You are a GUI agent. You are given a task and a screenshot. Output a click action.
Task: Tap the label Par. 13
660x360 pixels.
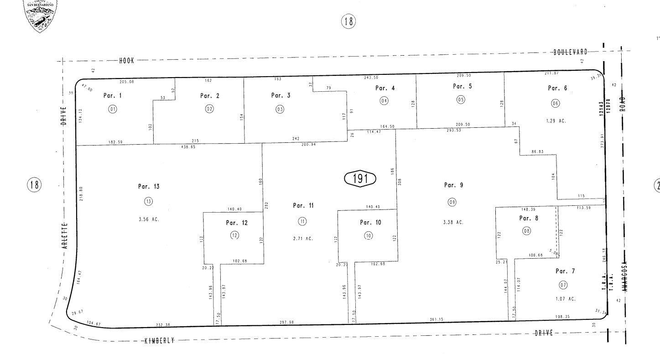(x=149, y=187)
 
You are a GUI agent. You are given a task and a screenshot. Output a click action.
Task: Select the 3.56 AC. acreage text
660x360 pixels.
(x=149, y=219)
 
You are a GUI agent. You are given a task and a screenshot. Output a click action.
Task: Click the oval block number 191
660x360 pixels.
(x=359, y=178)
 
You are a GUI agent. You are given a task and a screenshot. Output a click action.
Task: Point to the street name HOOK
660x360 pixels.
(x=126, y=60)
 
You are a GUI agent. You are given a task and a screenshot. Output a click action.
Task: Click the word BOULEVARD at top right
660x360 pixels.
(x=571, y=52)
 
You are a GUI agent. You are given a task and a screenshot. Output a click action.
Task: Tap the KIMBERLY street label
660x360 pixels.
(x=160, y=341)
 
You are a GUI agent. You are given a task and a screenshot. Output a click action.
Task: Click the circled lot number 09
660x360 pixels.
(x=452, y=202)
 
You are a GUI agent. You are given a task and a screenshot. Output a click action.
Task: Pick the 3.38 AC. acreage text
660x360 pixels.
(x=453, y=222)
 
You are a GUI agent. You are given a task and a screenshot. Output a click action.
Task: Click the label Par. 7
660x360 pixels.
(x=565, y=271)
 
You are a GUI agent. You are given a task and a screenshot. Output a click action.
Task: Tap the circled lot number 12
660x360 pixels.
(x=235, y=235)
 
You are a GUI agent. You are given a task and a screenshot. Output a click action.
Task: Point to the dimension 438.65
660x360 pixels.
(x=188, y=147)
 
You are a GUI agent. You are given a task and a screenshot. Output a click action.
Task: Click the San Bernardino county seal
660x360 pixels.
(x=41, y=16)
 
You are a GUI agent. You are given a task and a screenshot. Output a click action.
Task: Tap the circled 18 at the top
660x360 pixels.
(x=348, y=21)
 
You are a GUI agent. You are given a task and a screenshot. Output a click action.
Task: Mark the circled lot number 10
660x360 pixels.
(x=368, y=235)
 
